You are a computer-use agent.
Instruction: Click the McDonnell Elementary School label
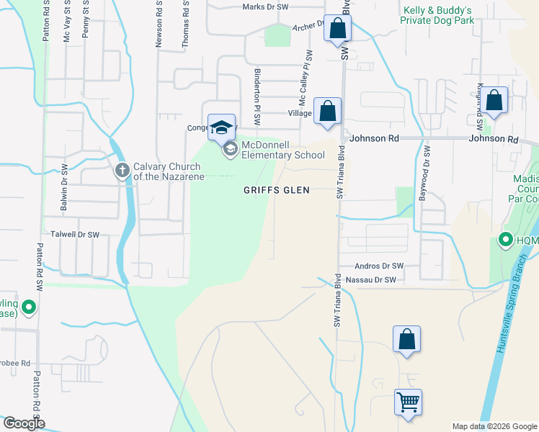pos(282,150)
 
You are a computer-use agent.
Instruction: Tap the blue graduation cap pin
pos(222,127)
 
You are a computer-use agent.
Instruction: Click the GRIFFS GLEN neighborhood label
pos(276,190)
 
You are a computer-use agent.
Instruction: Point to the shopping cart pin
pos(409,402)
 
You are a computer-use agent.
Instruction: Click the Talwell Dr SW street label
pos(75,235)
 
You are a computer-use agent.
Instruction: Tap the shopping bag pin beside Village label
pos(328,112)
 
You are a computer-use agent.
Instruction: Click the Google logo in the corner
pos(23,423)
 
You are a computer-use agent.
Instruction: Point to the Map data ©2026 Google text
pos(494,426)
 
